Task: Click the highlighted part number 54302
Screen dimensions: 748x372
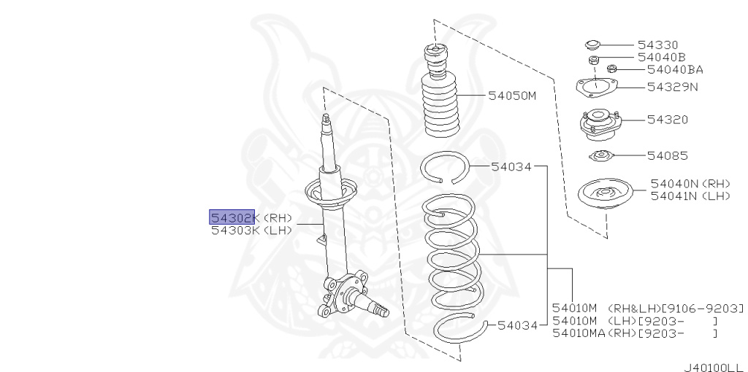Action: tap(232, 217)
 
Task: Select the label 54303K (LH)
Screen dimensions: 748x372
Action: tap(251, 230)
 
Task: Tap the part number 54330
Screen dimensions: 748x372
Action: tap(657, 44)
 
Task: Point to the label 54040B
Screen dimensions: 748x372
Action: tap(660, 57)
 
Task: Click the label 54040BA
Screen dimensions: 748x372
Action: tap(674, 70)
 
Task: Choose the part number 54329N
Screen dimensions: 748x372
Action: tap(672, 87)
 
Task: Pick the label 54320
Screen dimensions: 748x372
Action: tap(662, 120)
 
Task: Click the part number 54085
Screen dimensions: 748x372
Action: tap(667, 155)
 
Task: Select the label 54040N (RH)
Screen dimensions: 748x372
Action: tap(690, 184)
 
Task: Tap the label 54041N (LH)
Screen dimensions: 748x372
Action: tap(690, 195)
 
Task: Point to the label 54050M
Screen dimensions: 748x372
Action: tap(511, 95)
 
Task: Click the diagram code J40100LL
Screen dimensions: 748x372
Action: tap(713, 367)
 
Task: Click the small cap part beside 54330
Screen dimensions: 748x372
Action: tap(593, 44)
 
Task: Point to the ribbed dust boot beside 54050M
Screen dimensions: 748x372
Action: tap(439, 102)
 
